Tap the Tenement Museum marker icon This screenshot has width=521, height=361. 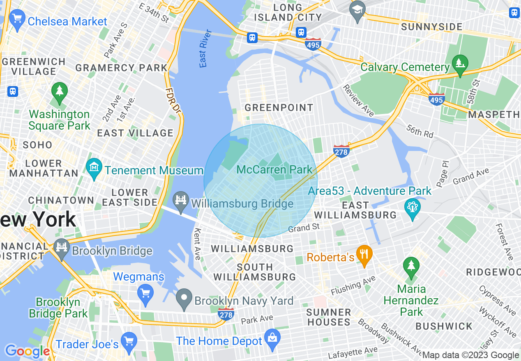(94, 168)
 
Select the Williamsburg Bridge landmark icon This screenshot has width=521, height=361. (180, 201)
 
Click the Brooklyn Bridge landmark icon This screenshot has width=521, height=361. (62, 249)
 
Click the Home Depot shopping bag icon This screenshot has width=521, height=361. (272, 338)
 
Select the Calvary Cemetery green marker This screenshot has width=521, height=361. (460, 64)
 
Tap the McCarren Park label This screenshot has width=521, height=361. (274, 169)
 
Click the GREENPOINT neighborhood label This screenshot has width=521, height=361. (279, 108)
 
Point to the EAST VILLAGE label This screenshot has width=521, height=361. (135, 133)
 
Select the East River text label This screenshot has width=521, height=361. (205, 48)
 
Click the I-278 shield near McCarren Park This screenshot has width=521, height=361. (341, 151)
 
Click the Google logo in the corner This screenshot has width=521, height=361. (27, 351)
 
